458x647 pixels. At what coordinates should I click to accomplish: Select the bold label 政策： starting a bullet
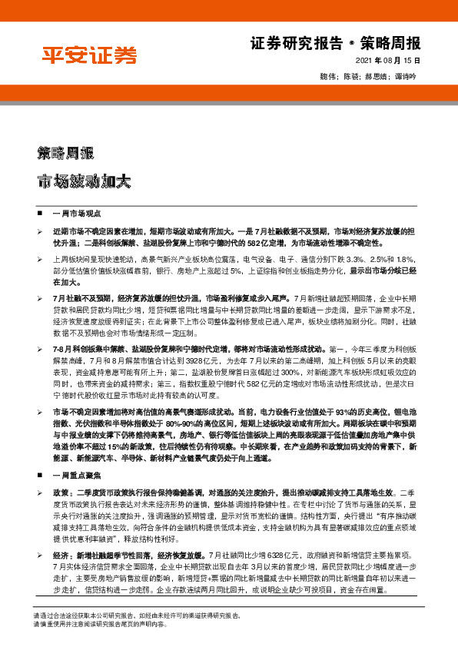pos(63,490)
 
